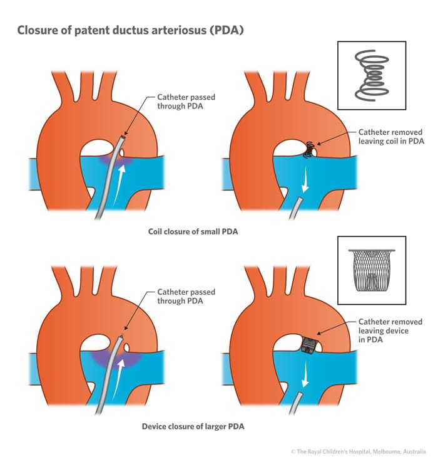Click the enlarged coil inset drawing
point(371,76)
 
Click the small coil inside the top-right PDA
point(308,149)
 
